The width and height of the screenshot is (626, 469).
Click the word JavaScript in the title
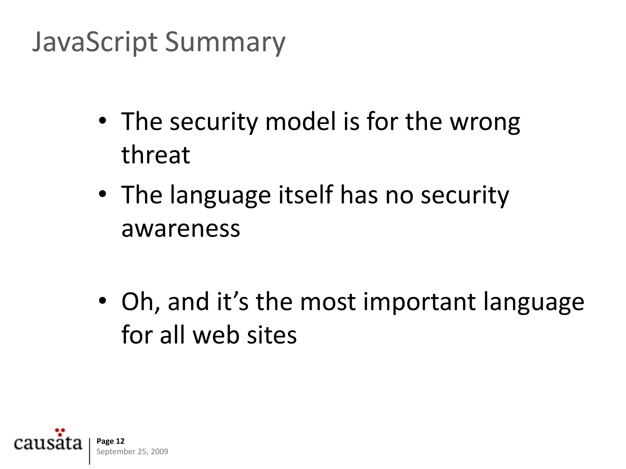coord(95,42)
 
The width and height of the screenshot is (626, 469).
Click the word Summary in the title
coord(225,42)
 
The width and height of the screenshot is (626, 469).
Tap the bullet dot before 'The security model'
coord(102,121)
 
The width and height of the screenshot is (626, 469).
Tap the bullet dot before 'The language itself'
coord(102,195)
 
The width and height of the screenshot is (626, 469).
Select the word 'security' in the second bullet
coord(465,195)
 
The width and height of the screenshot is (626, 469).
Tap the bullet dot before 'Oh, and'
coord(102,301)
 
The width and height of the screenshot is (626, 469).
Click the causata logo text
coord(48,443)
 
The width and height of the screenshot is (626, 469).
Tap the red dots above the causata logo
coord(60,432)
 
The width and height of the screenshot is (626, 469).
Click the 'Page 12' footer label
coord(110,441)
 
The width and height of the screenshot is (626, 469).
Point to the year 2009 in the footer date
coord(159,452)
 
